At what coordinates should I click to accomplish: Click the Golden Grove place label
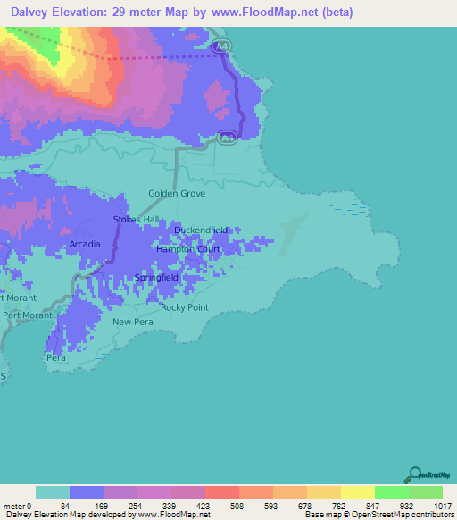click(177, 193)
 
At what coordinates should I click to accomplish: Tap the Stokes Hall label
click(135, 219)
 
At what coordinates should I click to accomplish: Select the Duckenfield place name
click(201, 230)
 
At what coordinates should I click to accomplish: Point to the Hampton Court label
click(188, 249)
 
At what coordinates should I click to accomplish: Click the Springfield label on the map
click(157, 278)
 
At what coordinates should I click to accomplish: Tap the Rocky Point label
click(185, 307)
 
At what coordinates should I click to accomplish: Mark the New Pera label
click(133, 322)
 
